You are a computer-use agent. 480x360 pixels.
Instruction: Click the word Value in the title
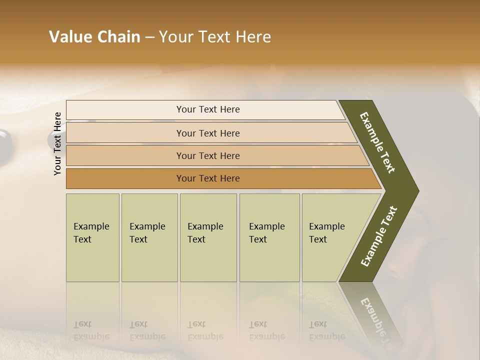tap(70, 37)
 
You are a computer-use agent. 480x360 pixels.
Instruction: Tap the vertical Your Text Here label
tap(57, 143)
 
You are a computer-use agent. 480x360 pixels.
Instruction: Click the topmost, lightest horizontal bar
tap(207, 109)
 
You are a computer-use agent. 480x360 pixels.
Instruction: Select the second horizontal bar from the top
tap(207, 133)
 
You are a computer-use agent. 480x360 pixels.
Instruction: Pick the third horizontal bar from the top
tap(207, 155)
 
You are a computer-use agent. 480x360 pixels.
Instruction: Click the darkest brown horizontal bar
tap(207, 178)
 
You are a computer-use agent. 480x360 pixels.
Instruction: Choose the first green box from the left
tap(92, 237)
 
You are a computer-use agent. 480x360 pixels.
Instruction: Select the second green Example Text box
tap(149, 237)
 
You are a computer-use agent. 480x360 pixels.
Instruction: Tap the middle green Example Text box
tap(208, 237)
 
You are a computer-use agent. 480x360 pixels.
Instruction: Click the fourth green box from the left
tap(269, 237)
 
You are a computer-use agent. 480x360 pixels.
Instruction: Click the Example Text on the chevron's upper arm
tap(377, 143)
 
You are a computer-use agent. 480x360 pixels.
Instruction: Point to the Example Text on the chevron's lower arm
tap(379, 236)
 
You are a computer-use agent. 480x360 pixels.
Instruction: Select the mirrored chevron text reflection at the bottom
tap(375, 320)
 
